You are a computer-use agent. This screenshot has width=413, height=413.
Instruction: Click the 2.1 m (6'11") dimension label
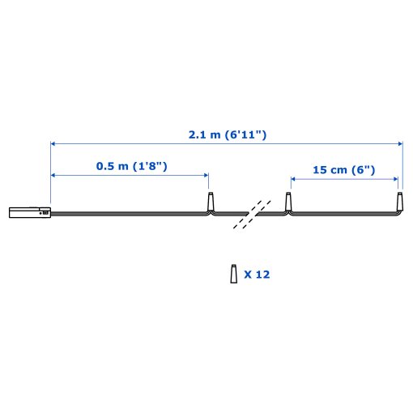click(228, 134)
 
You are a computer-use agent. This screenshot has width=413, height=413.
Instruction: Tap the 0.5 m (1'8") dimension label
click(132, 166)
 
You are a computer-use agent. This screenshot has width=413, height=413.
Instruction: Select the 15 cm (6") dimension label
click(344, 170)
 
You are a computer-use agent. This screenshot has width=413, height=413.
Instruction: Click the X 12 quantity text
click(257, 275)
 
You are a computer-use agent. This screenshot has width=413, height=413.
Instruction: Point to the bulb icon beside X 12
click(234, 274)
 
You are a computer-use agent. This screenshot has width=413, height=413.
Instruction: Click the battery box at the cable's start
click(30, 212)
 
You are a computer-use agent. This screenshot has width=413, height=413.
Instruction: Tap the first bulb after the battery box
click(211, 202)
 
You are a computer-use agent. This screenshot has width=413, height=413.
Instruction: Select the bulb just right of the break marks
click(288, 202)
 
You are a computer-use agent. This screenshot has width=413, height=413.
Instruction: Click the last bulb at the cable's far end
click(399, 202)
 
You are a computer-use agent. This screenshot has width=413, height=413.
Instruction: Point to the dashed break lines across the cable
click(252, 215)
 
